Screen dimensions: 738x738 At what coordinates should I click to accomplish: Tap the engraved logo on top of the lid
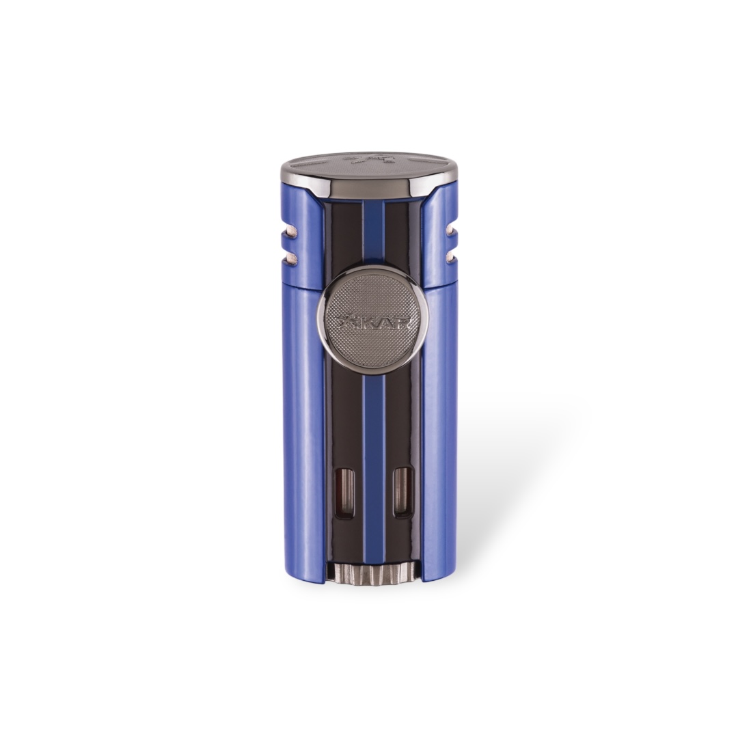[x=368, y=161]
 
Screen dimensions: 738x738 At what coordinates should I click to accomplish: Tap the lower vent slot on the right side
[x=452, y=256]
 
